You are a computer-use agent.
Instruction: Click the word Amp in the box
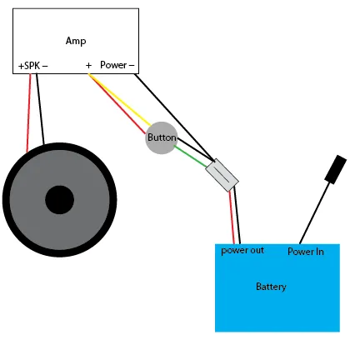[x=76, y=41]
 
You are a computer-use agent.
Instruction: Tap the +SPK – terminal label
[x=32, y=66]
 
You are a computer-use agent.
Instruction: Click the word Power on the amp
[x=113, y=65]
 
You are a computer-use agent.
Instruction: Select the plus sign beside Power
[x=88, y=65]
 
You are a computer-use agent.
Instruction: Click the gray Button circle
[x=162, y=137]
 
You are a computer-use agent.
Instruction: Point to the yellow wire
[x=120, y=99]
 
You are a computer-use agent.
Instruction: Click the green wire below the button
[x=190, y=157]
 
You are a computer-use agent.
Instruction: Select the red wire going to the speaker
[x=29, y=113]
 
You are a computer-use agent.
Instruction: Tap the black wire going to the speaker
[x=40, y=109]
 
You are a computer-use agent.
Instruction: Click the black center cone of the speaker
[x=59, y=200]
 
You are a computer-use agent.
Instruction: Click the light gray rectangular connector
[x=222, y=175]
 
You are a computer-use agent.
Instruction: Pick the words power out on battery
[x=242, y=250]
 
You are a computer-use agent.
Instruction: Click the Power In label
[x=306, y=252]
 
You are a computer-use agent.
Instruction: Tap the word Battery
[x=271, y=287]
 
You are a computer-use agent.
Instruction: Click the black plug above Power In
[x=336, y=169]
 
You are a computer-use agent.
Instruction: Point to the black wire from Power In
[x=316, y=213]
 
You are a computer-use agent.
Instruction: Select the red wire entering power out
[x=232, y=217]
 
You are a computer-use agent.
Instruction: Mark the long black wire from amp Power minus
[x=174, y=117]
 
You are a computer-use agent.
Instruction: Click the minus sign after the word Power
[x=132, y=66]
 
